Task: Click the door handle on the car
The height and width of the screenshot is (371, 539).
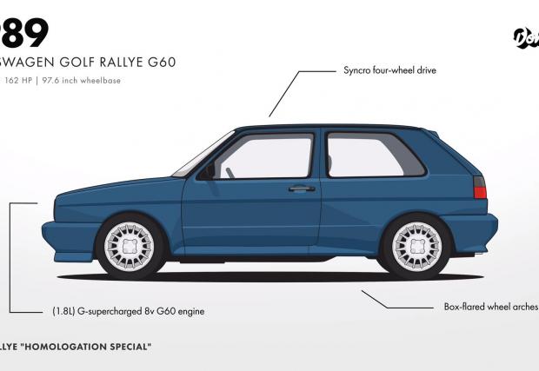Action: (302, 188)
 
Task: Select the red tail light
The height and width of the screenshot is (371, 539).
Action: (478, 187)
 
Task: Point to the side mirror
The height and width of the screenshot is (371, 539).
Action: (207, 170)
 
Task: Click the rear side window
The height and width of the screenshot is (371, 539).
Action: (374, 155)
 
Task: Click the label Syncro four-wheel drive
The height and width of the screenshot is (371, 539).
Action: (389, 68)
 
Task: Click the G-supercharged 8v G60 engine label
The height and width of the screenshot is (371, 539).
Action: (128, 310)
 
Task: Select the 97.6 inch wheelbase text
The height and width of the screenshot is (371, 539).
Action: (86, 81)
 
